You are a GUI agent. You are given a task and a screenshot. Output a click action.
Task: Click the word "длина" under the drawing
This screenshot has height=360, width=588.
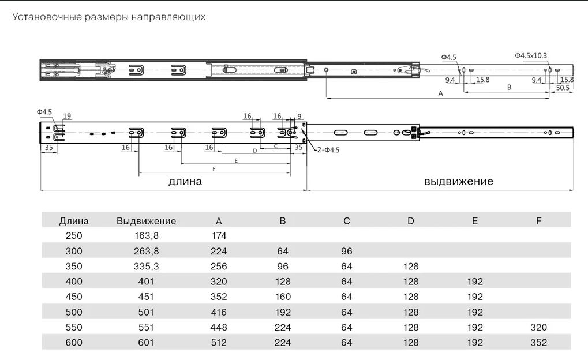click(x=185, y=182)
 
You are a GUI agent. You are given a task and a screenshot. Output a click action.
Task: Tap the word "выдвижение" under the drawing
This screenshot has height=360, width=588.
click(x=459, y=182)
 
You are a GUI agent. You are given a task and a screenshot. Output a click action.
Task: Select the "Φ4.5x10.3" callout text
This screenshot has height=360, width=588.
click(x=531, y=55)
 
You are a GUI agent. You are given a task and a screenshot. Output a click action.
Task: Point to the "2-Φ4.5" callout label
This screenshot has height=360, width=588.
click(x=328, y=150)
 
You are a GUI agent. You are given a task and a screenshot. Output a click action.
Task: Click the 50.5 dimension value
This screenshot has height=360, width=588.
click(x=563, y=88)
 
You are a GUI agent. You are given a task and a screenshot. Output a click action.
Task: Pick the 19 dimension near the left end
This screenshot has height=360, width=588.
click(x=67, y=117)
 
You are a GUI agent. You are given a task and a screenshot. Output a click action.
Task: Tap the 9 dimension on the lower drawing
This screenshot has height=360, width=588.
click(x=299, y=117)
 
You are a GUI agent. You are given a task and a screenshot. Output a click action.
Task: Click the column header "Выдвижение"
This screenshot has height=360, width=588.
click(x=146, y=221)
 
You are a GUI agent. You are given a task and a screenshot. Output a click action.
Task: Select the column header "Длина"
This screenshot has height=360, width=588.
click(x=74, y=221)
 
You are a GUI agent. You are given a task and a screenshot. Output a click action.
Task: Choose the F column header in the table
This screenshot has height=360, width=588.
click(x=539, y=221)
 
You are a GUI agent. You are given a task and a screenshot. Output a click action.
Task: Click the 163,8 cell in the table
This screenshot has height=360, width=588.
click(x=146, y=235)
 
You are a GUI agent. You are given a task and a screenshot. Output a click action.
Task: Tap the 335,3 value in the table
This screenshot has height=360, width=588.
click(x=146, y=267)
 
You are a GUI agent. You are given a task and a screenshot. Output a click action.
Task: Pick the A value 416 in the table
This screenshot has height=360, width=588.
click(x=219, y=312)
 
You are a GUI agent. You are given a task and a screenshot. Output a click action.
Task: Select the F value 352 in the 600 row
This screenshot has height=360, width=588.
click(x=539, y=342)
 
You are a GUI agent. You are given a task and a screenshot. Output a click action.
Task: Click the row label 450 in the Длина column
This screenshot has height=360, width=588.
click(x=74, y=297)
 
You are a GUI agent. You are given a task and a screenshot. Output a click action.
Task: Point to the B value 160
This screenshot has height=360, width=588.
click(x=283, y=297)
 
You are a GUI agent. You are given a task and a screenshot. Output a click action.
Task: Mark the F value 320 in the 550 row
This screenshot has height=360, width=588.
click(x=539, y=327)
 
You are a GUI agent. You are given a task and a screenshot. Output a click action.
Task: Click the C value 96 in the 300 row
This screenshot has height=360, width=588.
click(x=346, y=251)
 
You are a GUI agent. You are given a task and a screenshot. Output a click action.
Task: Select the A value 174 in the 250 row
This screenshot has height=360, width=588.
click(x=219, y=235)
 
